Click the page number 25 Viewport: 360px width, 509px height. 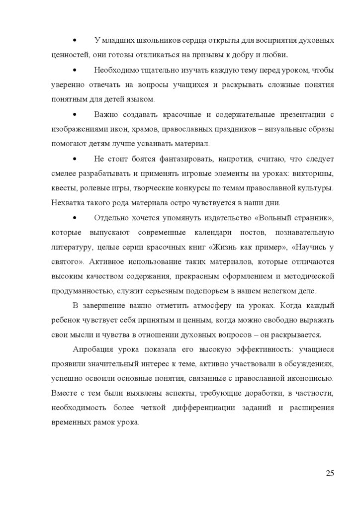(x=330, y=473)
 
